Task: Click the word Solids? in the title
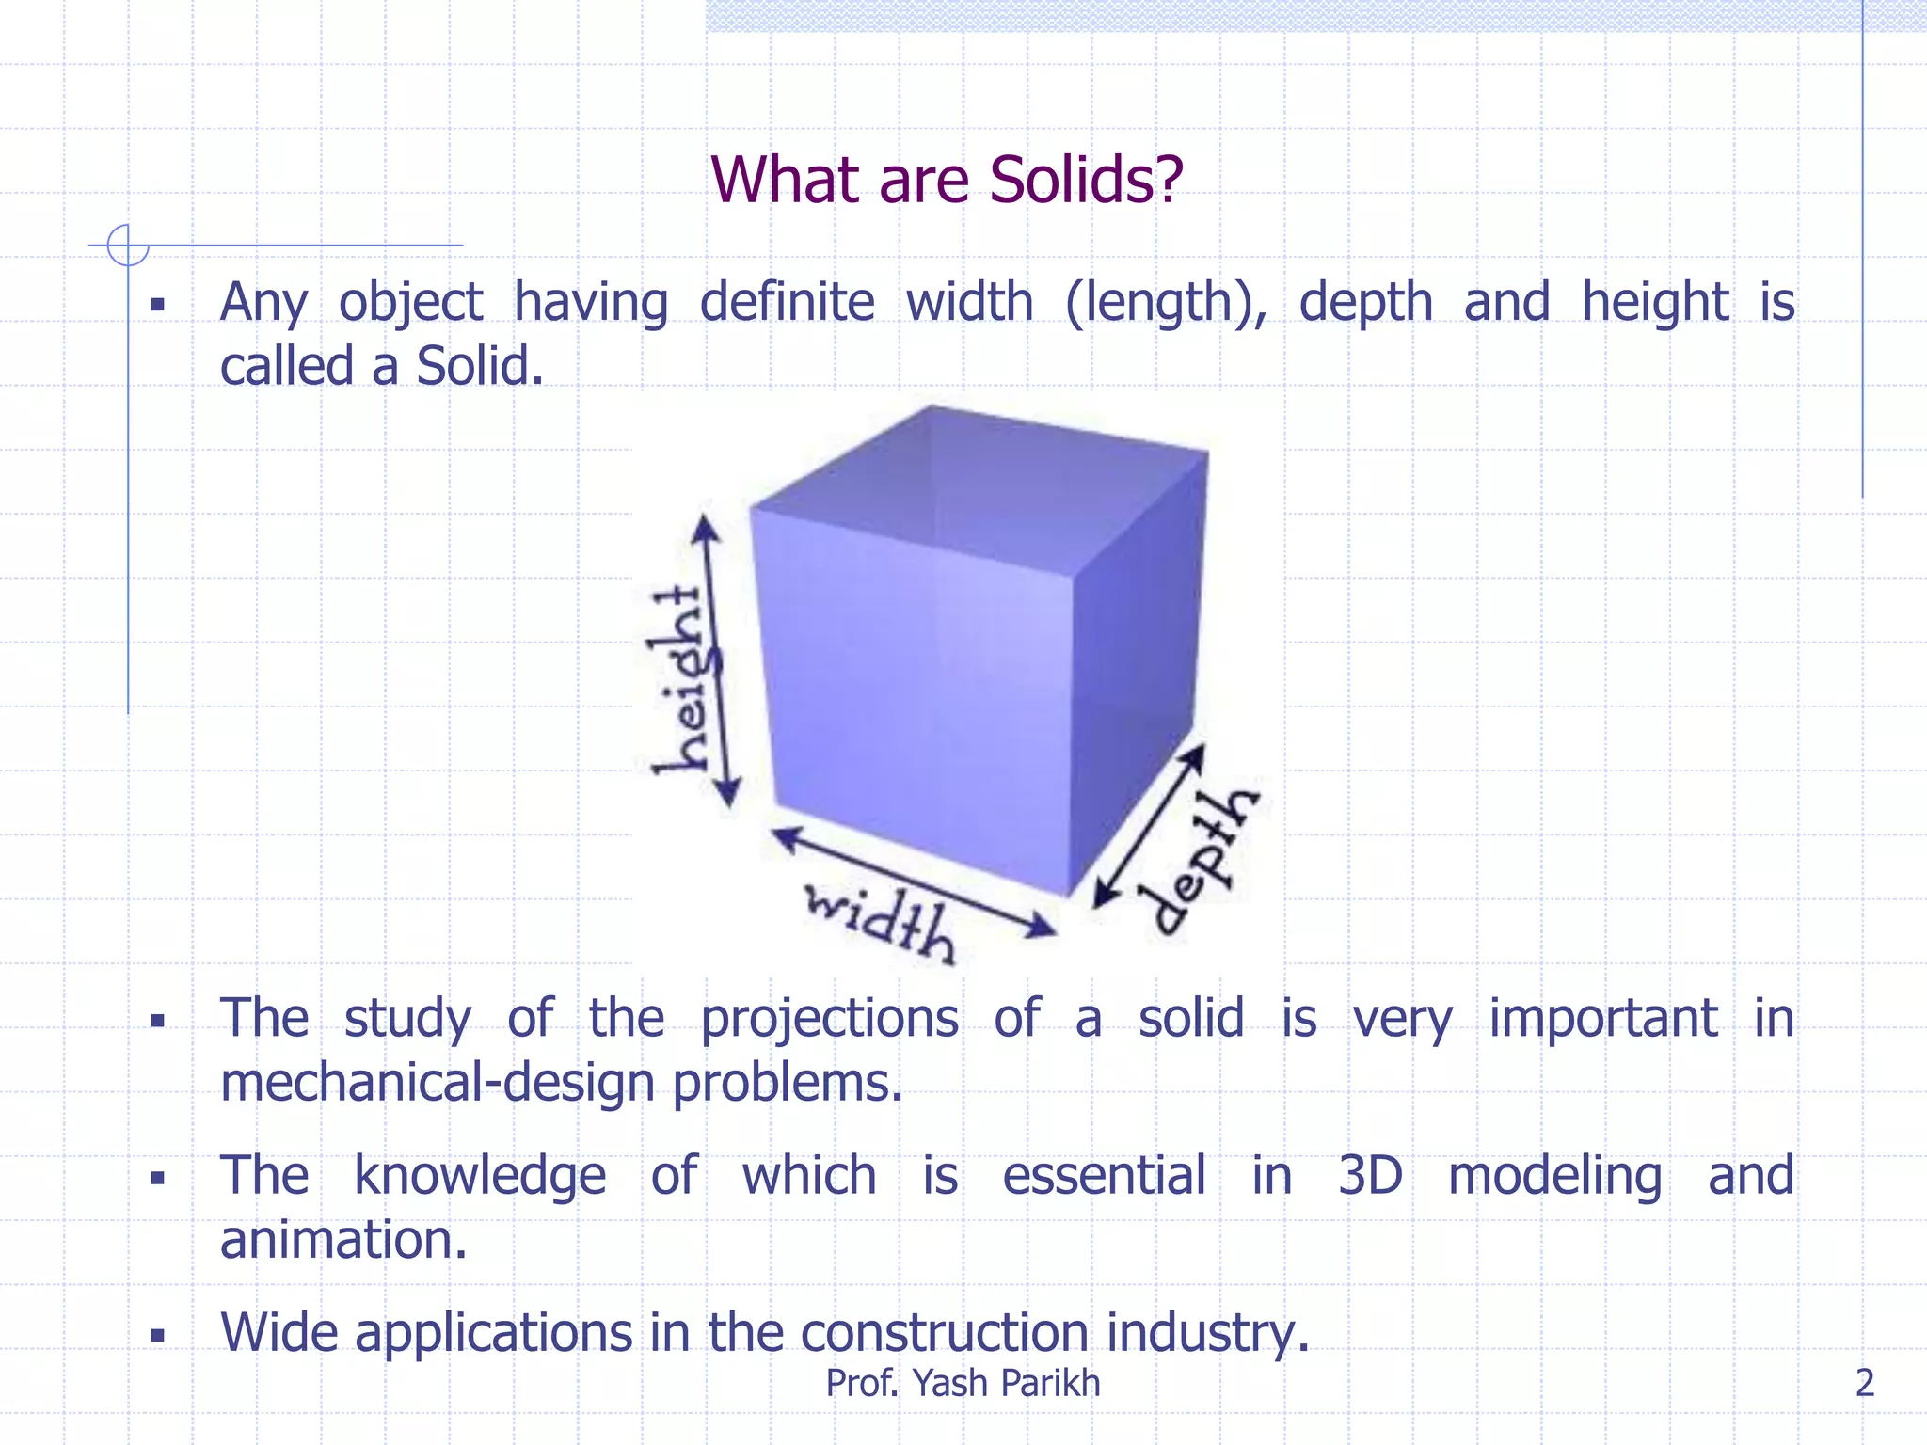[1086, 180]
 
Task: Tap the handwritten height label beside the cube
[679, 679]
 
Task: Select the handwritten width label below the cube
[881, 922]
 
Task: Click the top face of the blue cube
[979, 489]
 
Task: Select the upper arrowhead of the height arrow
[705, 529]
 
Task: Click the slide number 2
[1865, 1383]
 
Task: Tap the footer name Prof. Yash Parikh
[963, 1383]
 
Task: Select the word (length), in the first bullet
[1166, 304]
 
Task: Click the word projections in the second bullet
[829, 1020]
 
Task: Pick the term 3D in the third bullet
[1370, 1176]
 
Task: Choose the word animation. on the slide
[343, 1240]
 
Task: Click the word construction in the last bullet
[946, 1333]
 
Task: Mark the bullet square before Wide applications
[158, 1334]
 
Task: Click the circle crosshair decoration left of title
[128, 246]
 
